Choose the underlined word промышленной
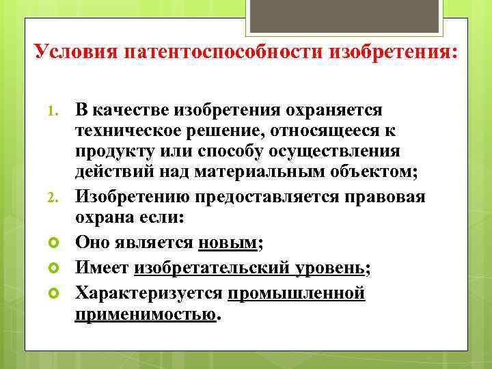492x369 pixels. pos(297,294)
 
